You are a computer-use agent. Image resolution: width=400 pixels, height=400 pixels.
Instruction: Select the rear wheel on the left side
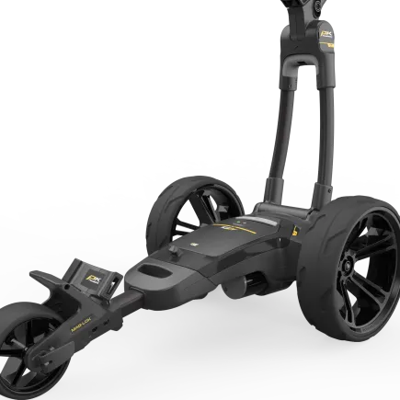(x=189, y=206)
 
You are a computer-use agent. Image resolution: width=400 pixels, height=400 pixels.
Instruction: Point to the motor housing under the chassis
(x=248, y=285)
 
